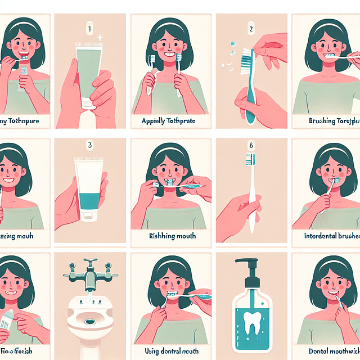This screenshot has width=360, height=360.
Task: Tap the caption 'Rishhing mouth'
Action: coord(169,236)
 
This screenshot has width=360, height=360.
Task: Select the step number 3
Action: coord(88,145)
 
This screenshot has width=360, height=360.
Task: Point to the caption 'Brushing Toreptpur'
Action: coord(332,120)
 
